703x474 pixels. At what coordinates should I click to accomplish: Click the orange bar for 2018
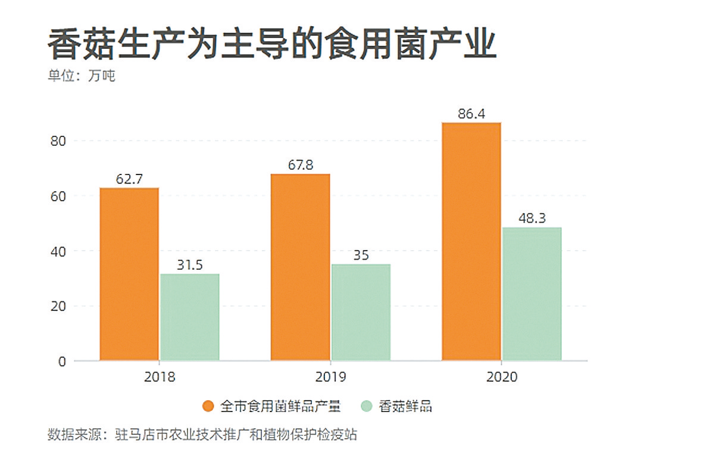[129, 274]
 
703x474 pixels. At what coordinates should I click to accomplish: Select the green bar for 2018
[189, 317]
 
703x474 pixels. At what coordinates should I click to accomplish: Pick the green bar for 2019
[361, 312]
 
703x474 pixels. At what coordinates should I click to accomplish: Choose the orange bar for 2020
[471, 241]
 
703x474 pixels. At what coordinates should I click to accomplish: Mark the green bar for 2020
[532, 294]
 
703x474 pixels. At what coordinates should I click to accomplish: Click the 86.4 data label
[471, 113]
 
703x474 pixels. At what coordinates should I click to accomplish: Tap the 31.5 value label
[189, 264]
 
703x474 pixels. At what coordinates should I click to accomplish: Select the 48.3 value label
[532, 218]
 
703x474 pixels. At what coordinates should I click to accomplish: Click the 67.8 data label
[300, 164]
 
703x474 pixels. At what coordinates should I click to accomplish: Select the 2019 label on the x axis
[330, 378]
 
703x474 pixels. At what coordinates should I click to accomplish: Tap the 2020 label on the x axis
[501, 378]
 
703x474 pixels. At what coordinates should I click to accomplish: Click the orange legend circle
[208, 407]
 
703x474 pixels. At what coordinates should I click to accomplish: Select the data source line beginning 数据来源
[202, 435]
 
